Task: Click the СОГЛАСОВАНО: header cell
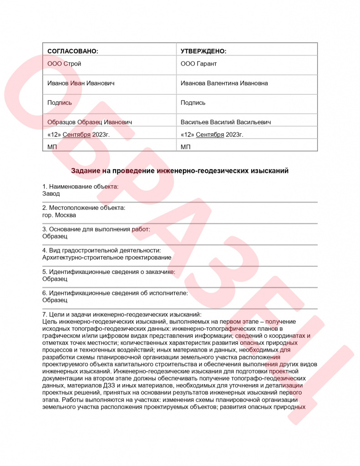pos(73,51)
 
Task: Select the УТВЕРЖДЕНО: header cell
pos(203,51)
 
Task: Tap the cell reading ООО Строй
pos(64,64)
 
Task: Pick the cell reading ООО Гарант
pos(199,64)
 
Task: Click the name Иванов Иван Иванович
pos(81,83)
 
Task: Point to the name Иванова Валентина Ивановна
pos(224,83)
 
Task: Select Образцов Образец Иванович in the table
pos(90,122)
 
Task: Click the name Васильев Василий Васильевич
pos(226,122)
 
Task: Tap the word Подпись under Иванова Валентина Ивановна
pos(193,103)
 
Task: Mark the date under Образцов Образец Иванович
pos(78,135)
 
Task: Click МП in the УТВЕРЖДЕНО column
pos(186,147)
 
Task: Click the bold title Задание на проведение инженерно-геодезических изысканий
pos(180,171)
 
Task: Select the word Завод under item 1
pos(51,193)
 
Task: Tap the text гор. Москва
pos(59,215)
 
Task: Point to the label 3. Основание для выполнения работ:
pos(96,229)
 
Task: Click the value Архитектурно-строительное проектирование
pos(106,258)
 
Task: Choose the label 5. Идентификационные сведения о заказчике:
pos(108,272)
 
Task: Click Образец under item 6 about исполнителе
pos(55,300)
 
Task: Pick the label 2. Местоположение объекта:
pos(84,208)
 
